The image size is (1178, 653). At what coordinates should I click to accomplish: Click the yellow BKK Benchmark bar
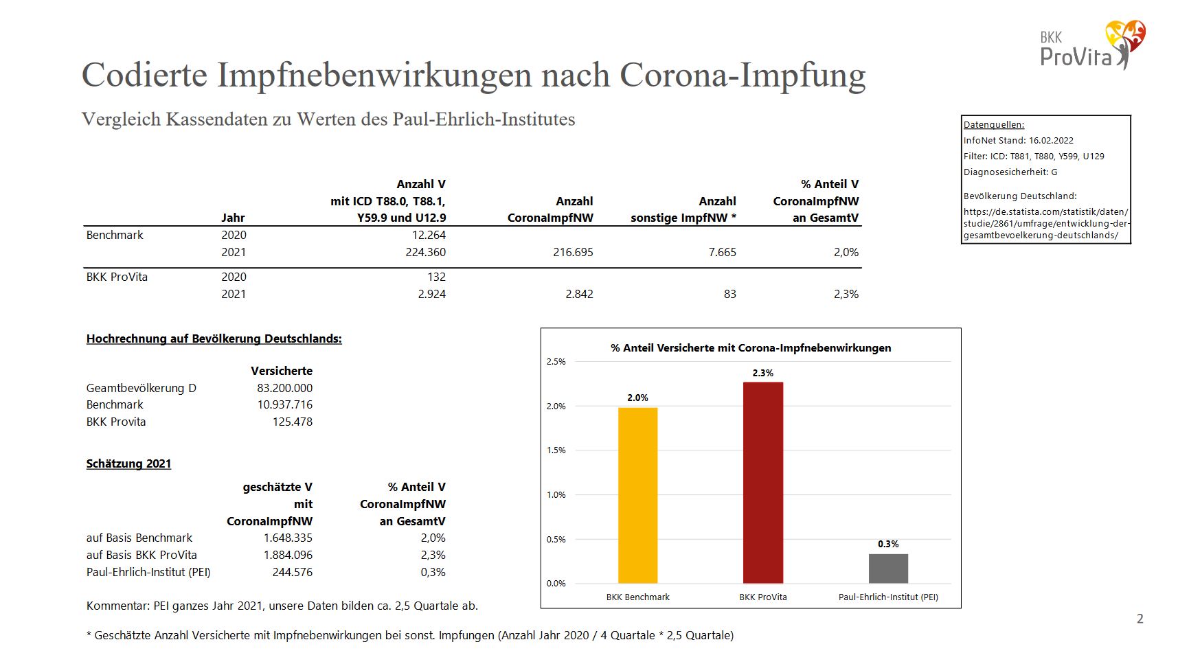(x=637, y=495)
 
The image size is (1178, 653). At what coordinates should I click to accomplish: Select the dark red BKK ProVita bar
(x=762, y=482)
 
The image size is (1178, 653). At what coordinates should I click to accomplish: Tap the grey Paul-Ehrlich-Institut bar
(x=887, y=568)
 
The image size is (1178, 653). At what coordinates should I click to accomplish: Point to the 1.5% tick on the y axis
(x=556, y=450)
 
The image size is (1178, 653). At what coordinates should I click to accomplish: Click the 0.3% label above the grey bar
(x=887, y=544)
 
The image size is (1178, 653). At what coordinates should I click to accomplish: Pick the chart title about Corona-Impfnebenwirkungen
(x=750, y=348)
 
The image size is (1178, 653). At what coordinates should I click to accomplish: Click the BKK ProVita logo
(x=1092, y=45)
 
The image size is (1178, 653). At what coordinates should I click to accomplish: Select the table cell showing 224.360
(x=425, y=252)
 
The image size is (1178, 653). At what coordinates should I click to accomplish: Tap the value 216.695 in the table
(x=573, y=252)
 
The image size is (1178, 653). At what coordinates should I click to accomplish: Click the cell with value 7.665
(x=722, y=252)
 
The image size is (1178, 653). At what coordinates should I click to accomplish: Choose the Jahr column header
(x=233, y=218)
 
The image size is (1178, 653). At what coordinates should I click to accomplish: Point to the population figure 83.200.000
(x=284, y=388)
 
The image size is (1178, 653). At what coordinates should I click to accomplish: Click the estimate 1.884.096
(x=288, y=555)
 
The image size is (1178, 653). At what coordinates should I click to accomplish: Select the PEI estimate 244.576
(x=292, y=572)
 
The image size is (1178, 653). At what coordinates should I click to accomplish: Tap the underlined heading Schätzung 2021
(x=128, y=463)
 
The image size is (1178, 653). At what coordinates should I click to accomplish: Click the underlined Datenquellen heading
(x=993, y=125)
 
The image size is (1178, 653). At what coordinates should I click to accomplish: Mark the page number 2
(x=1140, y=619)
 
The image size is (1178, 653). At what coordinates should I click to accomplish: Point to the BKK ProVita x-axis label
(x=762, y=597)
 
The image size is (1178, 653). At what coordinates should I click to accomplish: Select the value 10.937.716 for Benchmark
(x=284, y=404)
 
